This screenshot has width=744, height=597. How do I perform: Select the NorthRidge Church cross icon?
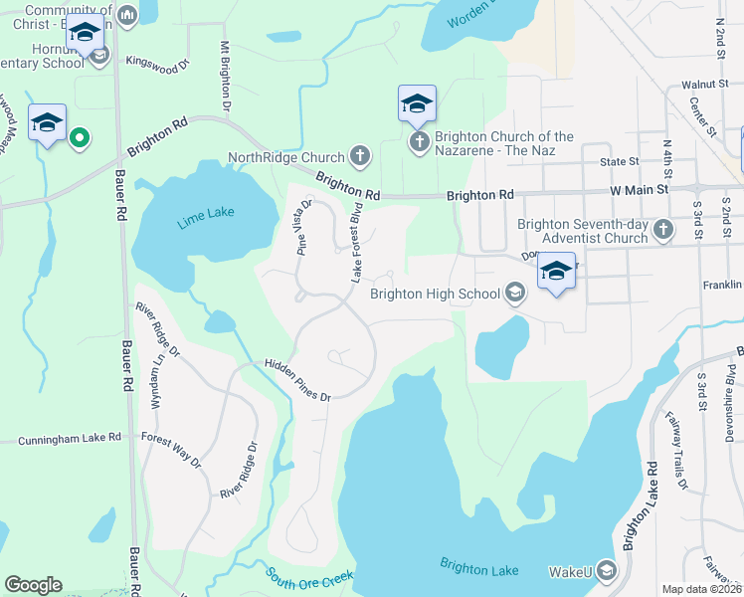(360, 156)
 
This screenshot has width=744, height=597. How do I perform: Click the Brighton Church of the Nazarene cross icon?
(419, 143)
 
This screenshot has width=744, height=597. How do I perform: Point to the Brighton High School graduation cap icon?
(515, 293)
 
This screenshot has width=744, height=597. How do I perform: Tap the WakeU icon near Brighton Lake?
(607, 571)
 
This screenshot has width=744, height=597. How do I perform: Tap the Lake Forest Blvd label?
(354, 242)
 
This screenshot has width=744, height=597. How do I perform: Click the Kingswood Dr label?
(156, 64)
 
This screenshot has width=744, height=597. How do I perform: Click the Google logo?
(33, 585)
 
